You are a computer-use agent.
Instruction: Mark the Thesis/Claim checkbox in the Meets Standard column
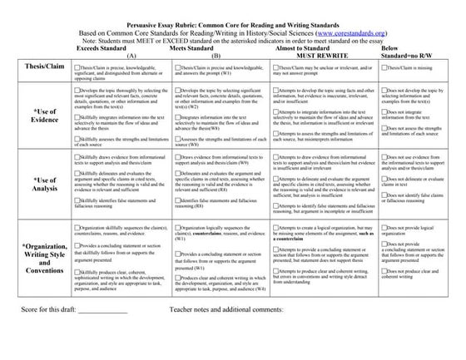point(177,65)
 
